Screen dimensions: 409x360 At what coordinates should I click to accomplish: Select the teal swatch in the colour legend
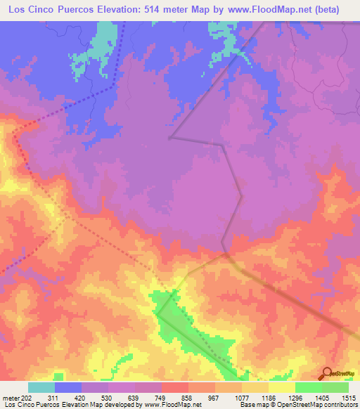[41, 387]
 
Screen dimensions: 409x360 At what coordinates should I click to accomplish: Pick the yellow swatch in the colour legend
[281, 387]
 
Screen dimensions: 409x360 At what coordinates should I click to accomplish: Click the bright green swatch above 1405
[308, 387]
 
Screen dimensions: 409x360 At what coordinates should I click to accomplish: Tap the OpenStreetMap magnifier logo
[326, 373]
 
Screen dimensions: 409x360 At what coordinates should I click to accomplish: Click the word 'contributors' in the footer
[340, 405]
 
